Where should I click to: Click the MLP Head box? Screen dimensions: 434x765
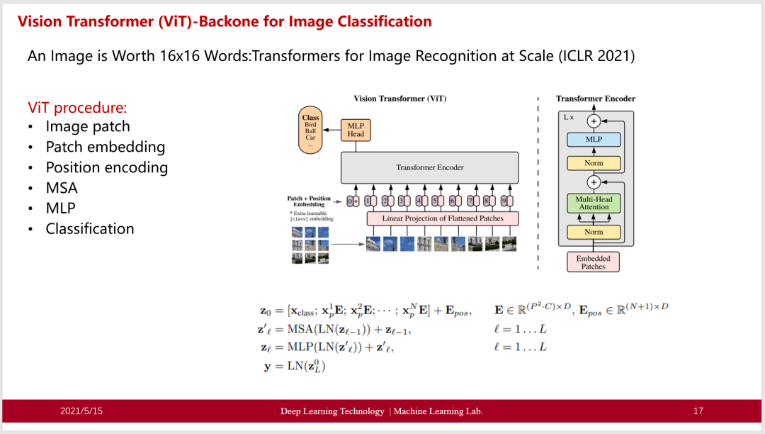pyautogui.click(x=356, y=130)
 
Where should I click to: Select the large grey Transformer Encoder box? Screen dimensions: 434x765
pyautogui.click(x=431, y=167)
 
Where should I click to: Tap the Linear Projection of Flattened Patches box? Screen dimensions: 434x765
pyautogui.click(x=443, y=218)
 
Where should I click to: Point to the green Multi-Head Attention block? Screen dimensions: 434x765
pyautogui.click(x=594, y=204)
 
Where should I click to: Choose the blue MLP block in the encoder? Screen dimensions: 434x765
pyautogui.click(x=594, y=140)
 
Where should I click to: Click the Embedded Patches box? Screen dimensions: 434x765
pyautogui.click(x=594, y=262)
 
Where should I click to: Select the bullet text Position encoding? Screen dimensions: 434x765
pyautogui.click(x=107, y=167)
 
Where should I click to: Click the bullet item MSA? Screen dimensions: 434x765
pyautogui.click(x=62, y=188)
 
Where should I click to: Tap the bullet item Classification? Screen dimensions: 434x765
pyautogui.click(x=90, y=228)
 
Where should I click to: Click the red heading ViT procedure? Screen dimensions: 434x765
pyautogui.click(x=77, y=108)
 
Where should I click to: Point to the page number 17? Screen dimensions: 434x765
pyautogui.click(x=698, y=411)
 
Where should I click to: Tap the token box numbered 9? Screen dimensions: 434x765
pyautogui.click(x=504, y=201)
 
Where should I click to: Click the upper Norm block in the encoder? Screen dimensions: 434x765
pyautogui.click(x=594, y=163)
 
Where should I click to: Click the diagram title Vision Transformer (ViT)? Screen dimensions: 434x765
pyautogui.click(x=400, y=99)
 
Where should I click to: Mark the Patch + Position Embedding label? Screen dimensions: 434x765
pyautogui.click(x=309, y=201)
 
